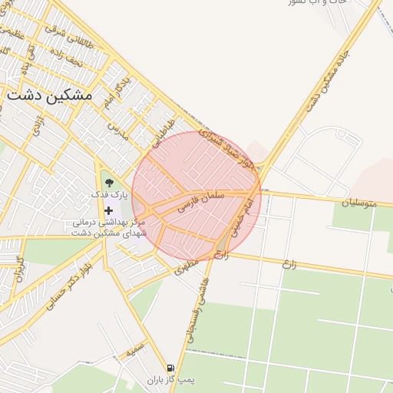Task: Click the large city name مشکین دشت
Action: click(x=48, y=95)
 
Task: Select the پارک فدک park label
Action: click(x=111, y=196)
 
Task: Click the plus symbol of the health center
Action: click(x=108, y=210)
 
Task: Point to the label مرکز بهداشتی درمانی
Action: click(x=108, y=223)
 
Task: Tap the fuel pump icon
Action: click(x=170, y=368)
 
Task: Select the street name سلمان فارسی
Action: click(x=201, y=201)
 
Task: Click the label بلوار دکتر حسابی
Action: click(x=67, y=286)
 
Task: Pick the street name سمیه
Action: click(x=135, y=351)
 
